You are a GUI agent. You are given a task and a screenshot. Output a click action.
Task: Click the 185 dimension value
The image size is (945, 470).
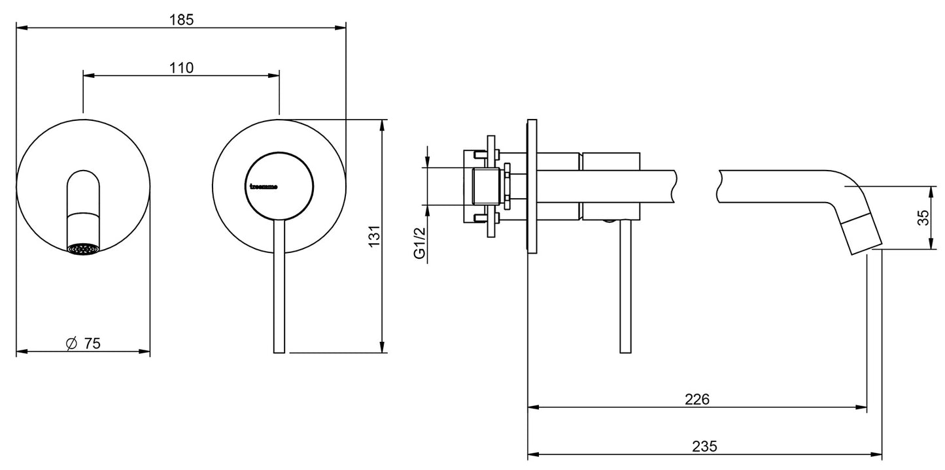[182, 20]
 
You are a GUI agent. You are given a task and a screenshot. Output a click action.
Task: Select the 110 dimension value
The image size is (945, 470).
[182, 67]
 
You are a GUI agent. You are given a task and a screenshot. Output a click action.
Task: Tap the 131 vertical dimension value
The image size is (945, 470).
[373, 236]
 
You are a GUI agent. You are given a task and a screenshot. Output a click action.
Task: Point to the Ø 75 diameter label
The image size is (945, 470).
[84, 343]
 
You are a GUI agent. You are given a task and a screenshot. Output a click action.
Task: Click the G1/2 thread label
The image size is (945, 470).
[420, 243]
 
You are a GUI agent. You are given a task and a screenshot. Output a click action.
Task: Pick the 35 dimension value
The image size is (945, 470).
[922, 218]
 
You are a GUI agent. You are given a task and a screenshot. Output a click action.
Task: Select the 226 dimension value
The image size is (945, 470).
[698, 398]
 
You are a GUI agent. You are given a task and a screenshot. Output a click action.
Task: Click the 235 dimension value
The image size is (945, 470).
[704, 446]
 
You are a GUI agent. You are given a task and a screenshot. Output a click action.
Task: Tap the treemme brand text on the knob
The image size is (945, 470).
[264, 186]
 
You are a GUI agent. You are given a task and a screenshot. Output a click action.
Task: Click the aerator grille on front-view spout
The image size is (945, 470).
[84, 248]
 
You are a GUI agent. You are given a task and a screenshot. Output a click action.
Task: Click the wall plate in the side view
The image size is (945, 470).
[532, 186]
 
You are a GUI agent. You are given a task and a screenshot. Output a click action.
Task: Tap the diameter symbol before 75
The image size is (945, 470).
[72, 343]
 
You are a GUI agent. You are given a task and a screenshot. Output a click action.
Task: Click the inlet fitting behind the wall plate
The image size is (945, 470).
[487, 186]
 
